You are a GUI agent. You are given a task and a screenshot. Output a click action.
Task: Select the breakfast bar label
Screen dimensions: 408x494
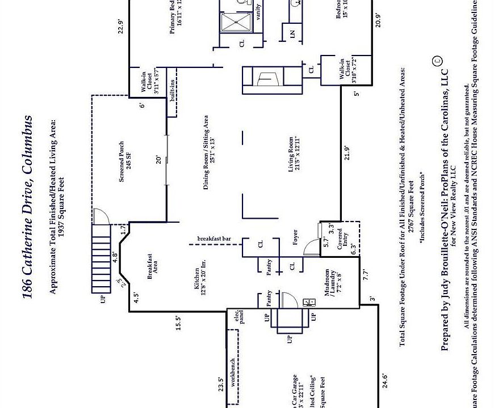pos(213,239)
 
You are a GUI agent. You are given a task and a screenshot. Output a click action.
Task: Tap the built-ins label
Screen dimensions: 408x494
pos(171,91)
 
